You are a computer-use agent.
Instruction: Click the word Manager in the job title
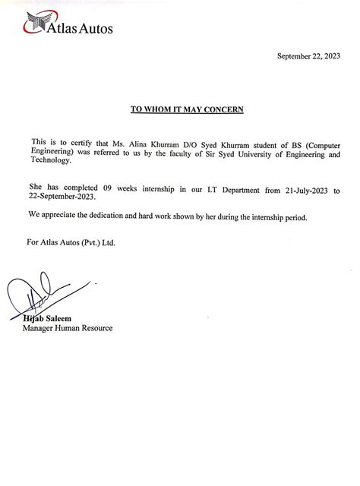(39, 328)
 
